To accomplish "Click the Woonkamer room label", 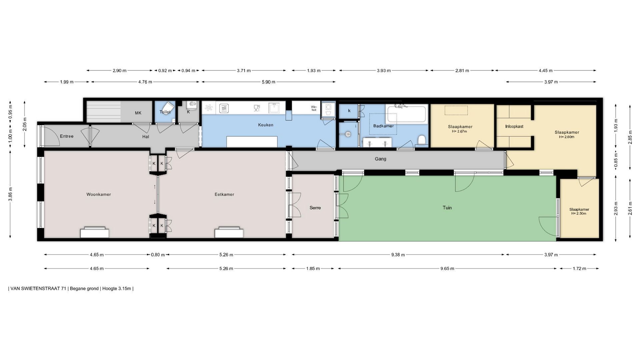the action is click(x=99, y=194).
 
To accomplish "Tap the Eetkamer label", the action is click(x=224, y=194).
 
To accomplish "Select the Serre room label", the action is click(x=315, y=208).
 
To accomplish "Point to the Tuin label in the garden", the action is click(x=447, y=208).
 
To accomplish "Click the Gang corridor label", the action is click(x=380, y=159).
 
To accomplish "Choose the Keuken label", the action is click(x=266, y=125).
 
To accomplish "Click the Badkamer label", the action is click(x=383, y=126).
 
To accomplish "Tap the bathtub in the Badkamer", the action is click(x=406, y=114).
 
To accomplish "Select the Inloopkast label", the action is click(x=514, y=126).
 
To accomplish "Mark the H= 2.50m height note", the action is click(x=579, y=213).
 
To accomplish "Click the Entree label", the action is click(x=67, y=136).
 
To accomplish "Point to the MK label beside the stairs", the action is click(x=138, y=113).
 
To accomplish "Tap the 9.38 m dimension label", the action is click(x=398, y=255).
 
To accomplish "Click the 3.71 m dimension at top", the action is click(x=244, y=71).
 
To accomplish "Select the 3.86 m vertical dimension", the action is click(x=10, y=194).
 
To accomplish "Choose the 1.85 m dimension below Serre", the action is click(x=313, y=268).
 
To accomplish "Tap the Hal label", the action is click(x=146, y=137).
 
